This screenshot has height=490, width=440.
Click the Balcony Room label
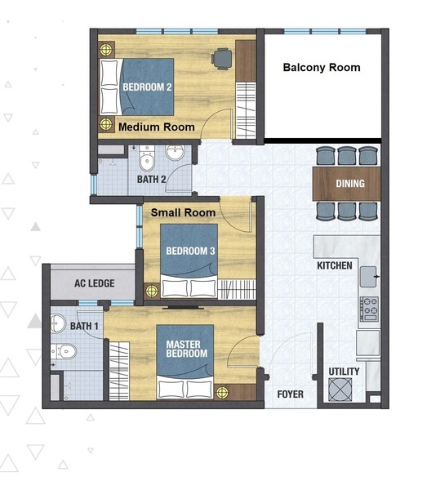coord(322,68)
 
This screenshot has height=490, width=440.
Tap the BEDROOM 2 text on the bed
coord(147,87)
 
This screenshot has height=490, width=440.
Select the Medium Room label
coord(157,127)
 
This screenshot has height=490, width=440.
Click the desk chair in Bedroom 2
coord(222,59)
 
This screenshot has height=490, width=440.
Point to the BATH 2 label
coord(152,180)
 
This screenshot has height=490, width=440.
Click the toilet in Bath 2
coord(146,158)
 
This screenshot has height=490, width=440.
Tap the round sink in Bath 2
coord(175,152)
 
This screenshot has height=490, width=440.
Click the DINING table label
coord(350,184)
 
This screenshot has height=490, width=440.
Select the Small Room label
coord(184,213)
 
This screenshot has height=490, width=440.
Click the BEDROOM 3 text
coord(190,251)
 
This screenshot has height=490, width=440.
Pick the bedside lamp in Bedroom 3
coord(152,292)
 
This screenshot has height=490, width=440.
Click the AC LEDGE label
coord(95,283)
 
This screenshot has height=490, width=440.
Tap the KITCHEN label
coord(335,265)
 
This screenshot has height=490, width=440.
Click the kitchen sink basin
coord(368,277)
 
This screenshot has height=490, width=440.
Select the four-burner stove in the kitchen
coord(369,309)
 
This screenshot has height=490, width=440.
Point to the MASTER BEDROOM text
coord(186,349)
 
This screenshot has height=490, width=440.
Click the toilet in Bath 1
coord(64,351)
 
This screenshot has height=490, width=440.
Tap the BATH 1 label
coord(84,326)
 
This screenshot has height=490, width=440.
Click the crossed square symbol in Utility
coord(340,390)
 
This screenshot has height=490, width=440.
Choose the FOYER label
coord(290,394)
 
